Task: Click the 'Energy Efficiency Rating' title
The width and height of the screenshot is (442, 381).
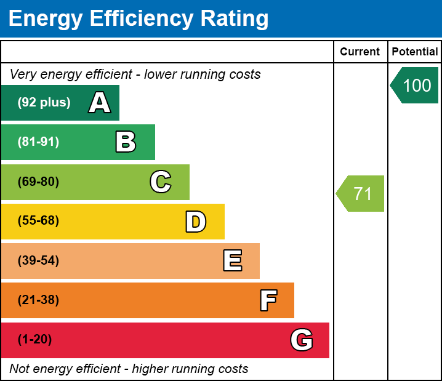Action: point(139,18)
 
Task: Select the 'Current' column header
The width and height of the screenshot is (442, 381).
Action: point(360,52)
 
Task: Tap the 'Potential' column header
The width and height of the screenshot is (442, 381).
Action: point(415,52)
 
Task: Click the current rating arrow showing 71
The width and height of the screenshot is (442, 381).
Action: point(361,193)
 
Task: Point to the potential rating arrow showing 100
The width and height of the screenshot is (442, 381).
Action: point(416,85)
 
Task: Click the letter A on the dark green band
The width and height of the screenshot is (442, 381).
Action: point(100,103)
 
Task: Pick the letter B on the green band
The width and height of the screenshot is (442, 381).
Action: point(126,142)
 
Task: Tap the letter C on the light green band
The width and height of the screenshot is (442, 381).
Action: point(161,182)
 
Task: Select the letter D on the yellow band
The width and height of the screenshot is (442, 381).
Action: point(196,222)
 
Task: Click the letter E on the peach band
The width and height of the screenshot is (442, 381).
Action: point(232,261)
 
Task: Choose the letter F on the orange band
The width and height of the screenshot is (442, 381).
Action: point(268,301)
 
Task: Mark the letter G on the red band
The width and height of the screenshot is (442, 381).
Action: point(302,340)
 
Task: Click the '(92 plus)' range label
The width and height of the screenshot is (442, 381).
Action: point(44,103)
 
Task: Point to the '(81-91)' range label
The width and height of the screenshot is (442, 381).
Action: point(38,142)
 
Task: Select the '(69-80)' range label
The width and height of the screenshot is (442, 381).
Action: point(38,182)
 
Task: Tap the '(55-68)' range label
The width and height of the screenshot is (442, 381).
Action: point(38,221)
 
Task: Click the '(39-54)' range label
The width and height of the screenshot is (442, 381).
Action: point(38,261)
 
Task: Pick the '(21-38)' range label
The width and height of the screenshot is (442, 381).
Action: point(38,300)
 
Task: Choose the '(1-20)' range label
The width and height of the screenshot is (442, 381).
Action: point(35,340)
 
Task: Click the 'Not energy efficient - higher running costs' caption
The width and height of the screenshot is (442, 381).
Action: point(129,369)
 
